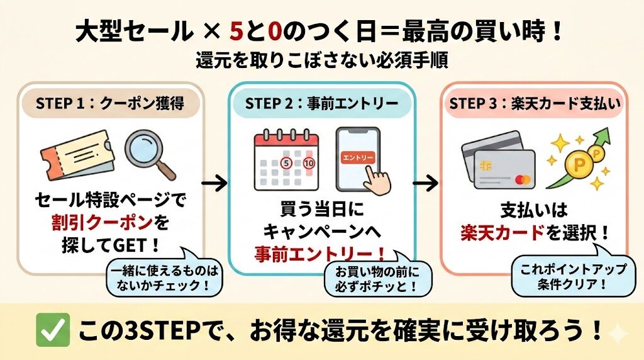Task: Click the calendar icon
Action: tap(287, 160)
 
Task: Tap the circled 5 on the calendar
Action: tap(287, 163)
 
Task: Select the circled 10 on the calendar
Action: tap(308, 163)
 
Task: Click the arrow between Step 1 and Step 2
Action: tap(214, 184)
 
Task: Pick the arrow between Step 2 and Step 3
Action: tap(425, 184)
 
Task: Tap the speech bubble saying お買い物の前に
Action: tap(370, 279)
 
